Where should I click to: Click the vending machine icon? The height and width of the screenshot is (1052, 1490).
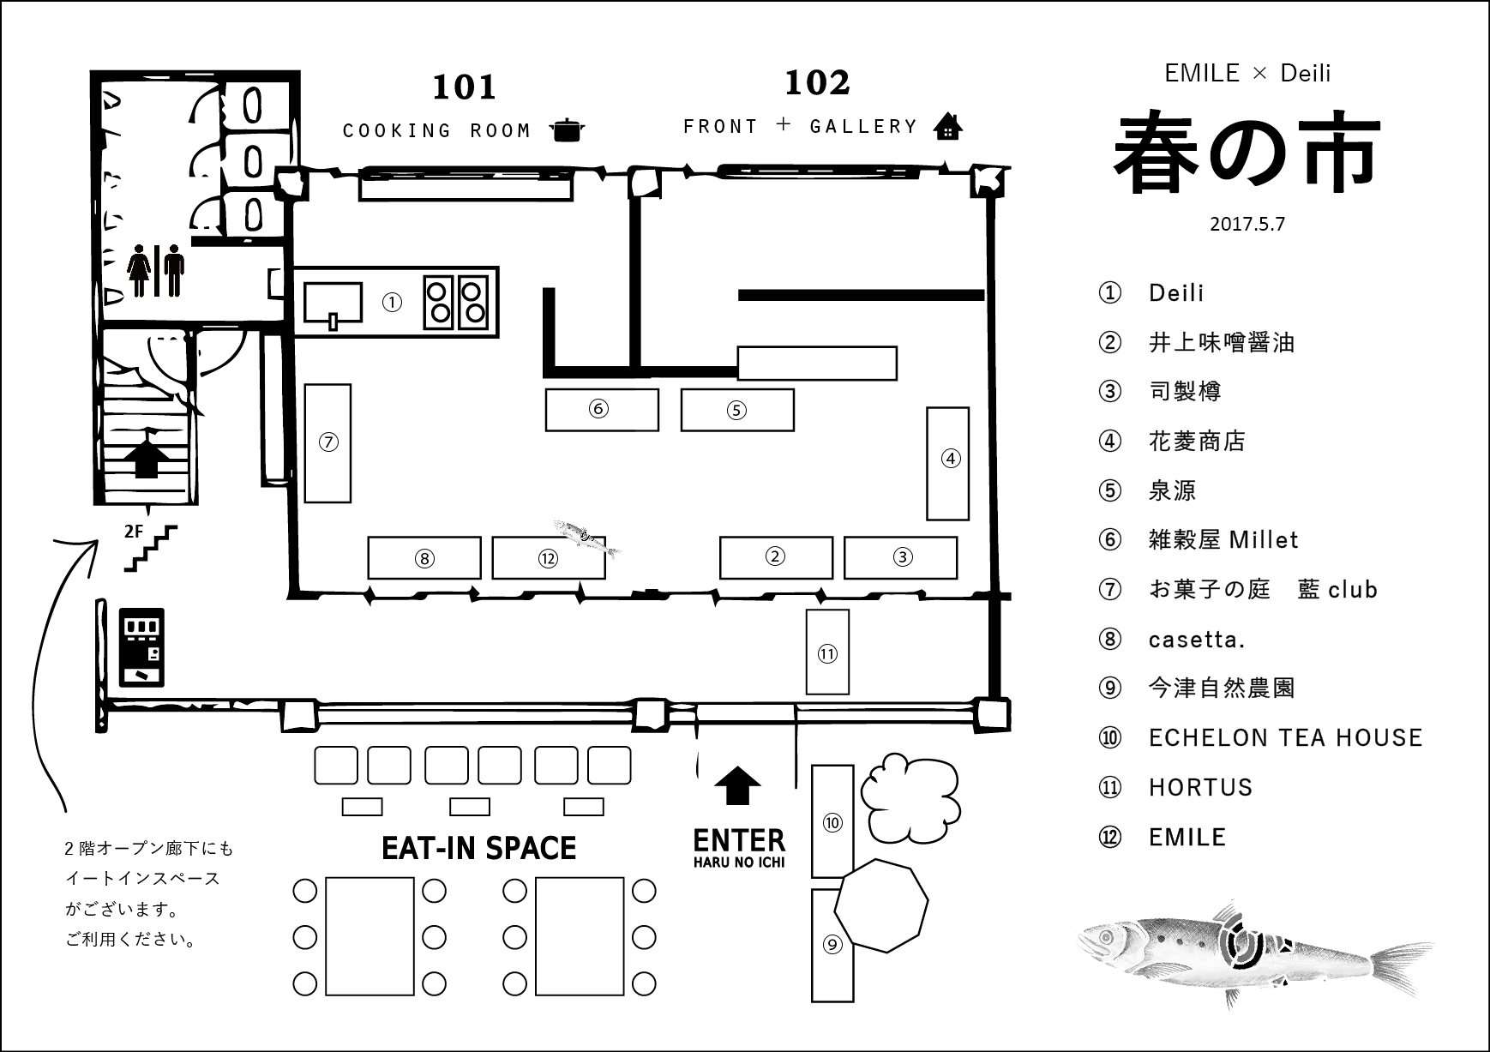click(x=141, y=647)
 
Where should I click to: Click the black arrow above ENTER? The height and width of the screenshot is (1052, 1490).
click(x=737, y=785)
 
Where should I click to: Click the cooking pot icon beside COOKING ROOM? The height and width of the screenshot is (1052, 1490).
click(x=565, y=129)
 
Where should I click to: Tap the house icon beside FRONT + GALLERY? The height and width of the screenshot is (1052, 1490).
click(x=947, y=126)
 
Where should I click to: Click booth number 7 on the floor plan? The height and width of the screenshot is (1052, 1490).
click(x=328, y=442)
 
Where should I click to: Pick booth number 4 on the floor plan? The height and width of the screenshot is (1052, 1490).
click(x=949, y=463)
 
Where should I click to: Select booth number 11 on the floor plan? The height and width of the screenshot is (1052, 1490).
click(x=827, y=652)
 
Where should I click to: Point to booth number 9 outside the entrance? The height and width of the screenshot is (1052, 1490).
click(x=832, y=945)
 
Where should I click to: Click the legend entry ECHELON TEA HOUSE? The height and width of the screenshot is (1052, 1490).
click(x=1285, y=737)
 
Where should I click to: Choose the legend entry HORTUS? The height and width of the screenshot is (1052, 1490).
click(x=1200, y=787)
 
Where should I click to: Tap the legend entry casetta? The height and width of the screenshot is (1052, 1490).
click(x=1197, y=639)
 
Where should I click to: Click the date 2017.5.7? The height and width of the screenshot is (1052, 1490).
click(x=1247, y=224)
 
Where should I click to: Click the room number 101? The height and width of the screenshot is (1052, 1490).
click(x=464, y=87)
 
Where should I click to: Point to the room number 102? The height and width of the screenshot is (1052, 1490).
click(x=817, y=83)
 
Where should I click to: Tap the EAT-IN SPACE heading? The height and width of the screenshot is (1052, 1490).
click(x=478, y=848)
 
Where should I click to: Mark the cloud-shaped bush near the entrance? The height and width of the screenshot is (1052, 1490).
click(x=909, y=795)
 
